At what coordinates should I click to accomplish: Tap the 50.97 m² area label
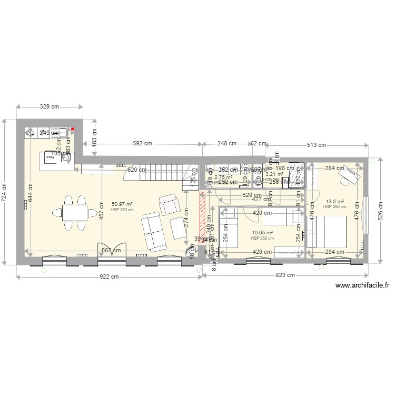coord(122,204)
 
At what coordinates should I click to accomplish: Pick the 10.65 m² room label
coord(262,232)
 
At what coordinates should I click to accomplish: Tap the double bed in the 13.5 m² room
coord(328,232)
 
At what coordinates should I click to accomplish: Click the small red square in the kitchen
coord(73,129)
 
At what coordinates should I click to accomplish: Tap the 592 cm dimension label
coord(142,143)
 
